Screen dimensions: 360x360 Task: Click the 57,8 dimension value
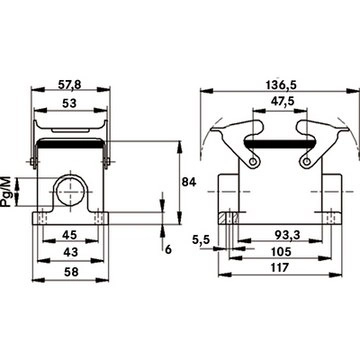coord(69,85)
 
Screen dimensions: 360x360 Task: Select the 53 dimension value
coord(69,104)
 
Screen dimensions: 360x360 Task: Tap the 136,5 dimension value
coord(281,85)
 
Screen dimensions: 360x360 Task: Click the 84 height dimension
coord(189,182)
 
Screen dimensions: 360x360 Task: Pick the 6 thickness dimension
coord(169,249)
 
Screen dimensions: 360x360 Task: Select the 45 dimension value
coord(70,235)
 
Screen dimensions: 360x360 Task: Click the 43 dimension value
coord(70,252)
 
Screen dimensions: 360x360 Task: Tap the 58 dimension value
coord(71,272)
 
